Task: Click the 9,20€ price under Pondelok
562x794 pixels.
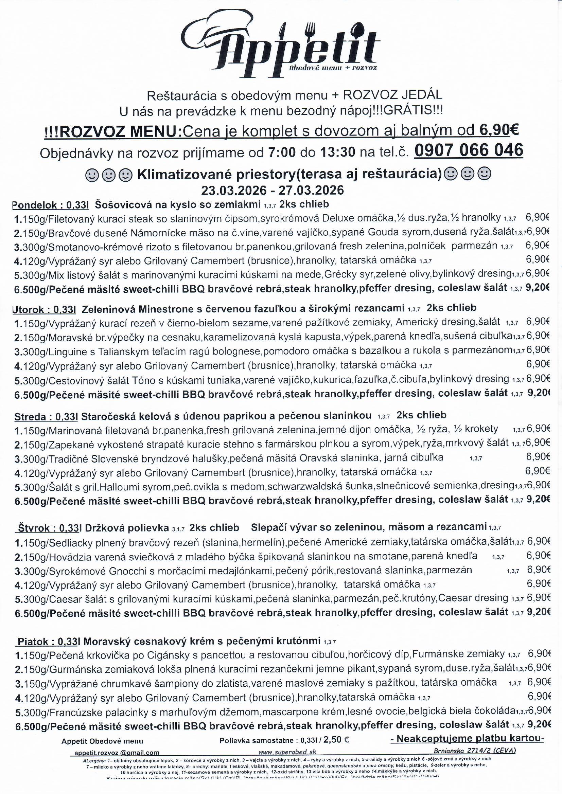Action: pos(538,287)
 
